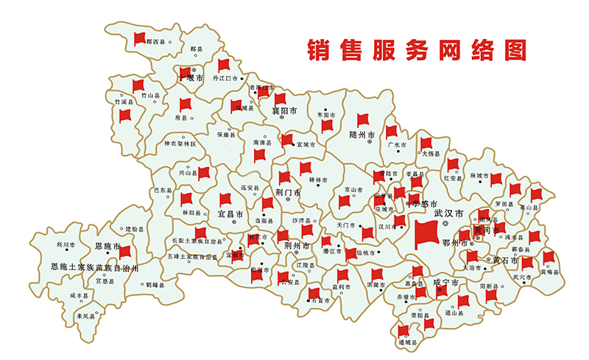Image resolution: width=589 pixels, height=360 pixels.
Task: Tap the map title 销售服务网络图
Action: pyautogui.click(x=418, y=49)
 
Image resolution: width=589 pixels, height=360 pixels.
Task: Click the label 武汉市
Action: pyautogui.click(x=448, y=213)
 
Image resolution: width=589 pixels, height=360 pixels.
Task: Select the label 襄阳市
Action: pyautogui.click(x=283, y=111)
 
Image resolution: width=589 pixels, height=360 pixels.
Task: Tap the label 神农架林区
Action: pyautogui.click(x=180, y=144)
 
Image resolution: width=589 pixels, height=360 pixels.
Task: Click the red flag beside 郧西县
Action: pyautogui.click(x=139, y=38)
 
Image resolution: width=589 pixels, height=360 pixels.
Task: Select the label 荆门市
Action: pyautogui.click(x=287, y=193)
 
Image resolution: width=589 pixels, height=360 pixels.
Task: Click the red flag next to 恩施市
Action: pyautogui.click(x=124, y=251)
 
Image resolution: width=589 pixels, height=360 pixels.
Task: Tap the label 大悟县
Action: pyautogui.click(x=431, y=154)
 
